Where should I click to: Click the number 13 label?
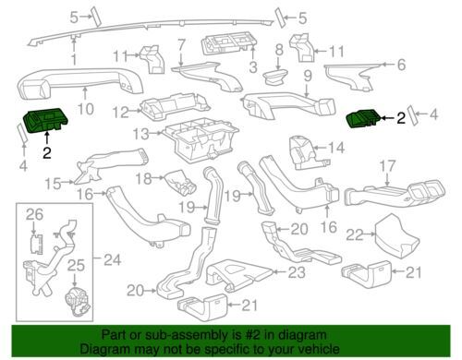[x=141, y=134]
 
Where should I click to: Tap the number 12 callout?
[x=120, y=112]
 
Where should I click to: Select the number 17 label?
[x=387, y=166]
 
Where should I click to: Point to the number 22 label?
[x=354, y=234]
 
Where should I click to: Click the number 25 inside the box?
[x=76, y=265]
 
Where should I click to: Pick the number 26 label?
[x=34, y=214]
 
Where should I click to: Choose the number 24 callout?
[x=112, y=260]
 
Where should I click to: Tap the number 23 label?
[x=297, y=272]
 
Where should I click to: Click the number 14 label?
[x=336, y=148]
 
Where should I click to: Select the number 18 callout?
[x=144, y=178]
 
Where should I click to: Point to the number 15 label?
[x=53, y=184]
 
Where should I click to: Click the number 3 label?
[x=253, y=67]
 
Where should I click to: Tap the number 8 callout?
[x=279, y=49]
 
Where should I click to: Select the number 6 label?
[x=401, y=65]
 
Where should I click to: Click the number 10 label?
[x=85, y=109]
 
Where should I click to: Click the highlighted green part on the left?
[x=45, y=120]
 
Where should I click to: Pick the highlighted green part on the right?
[x=363, y=118]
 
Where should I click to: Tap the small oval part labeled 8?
[x=275, y=77]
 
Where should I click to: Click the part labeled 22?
[x=396, y=236]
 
